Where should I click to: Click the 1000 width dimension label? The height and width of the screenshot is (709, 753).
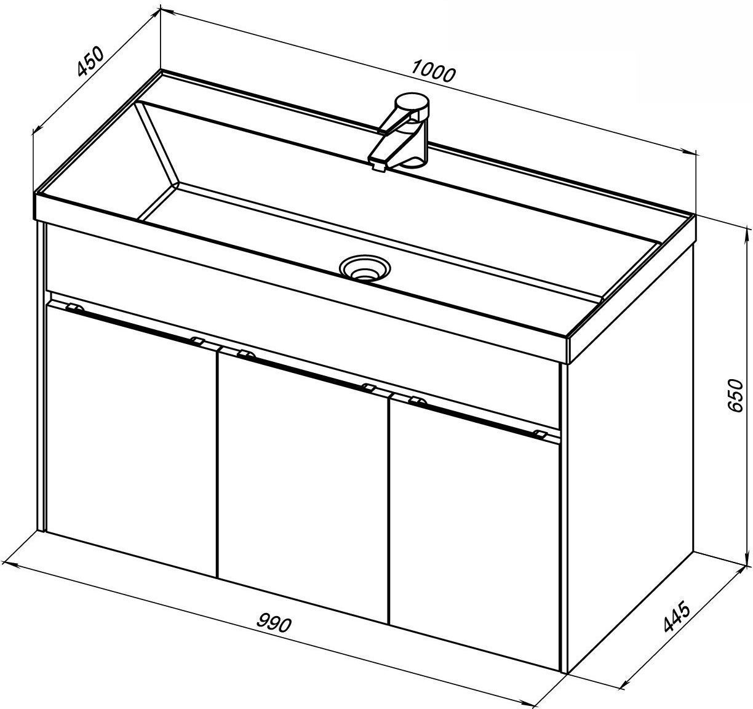tap(432, 71)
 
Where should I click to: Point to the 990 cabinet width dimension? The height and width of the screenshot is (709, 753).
tap(274, 623)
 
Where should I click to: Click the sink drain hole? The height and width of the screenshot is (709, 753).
tap(364, 268)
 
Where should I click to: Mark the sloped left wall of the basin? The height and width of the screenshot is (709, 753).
tap(157, 144)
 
